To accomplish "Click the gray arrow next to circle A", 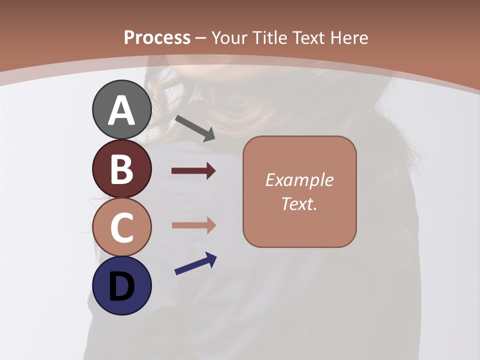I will click(x=195, y=128).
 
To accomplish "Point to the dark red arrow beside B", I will click(x=193, y=171).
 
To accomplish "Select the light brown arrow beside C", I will click(x=193, y=225).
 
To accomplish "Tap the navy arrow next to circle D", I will click(x=195, y=263).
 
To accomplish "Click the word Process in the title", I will click(x=157, y=38).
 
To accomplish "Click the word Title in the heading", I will click(x=268, y=38).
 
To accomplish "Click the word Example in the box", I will click(x=299, y=180).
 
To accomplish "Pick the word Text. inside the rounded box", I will click(x=299, y=204).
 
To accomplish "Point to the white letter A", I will click(x=121, y=110).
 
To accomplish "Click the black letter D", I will click(x=121, y=286).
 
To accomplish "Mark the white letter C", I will click(x=121, y=227).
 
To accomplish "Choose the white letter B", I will click(x=121, y=169).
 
